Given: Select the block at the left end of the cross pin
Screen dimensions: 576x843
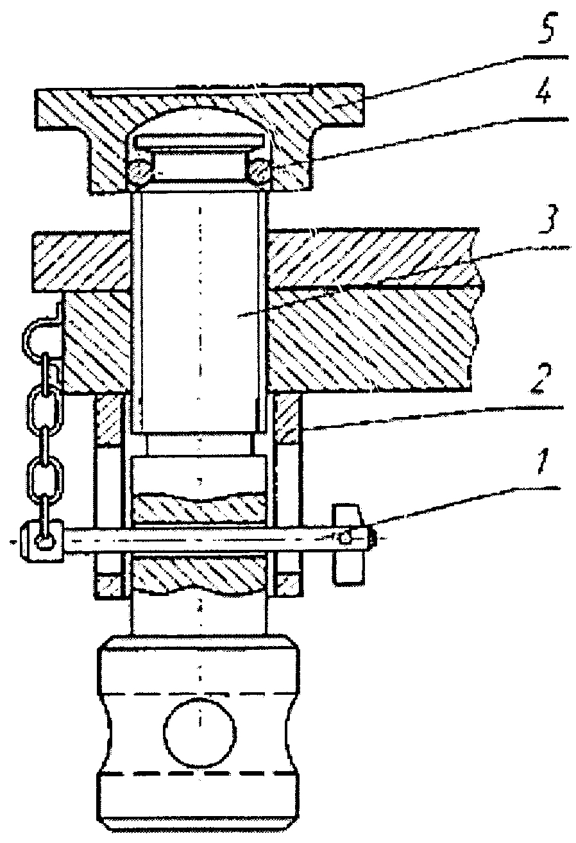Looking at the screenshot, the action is click(x=43, y=541).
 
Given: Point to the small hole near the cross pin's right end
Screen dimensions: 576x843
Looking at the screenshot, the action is click(x=345, y=538).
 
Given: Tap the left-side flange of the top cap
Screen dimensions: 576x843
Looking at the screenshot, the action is click(x=62, y=110).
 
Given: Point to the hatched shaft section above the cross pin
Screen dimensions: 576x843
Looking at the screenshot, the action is click(x=199, y=509).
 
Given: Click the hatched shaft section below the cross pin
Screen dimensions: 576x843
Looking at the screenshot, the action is click(x=199, y=573).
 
